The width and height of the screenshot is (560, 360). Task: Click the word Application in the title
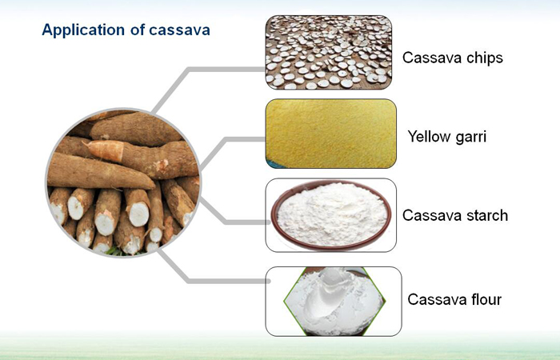click(x=84, y=30)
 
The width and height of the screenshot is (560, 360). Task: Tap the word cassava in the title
click(x=179, y=30)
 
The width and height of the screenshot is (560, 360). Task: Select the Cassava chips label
click(x=453, y=58)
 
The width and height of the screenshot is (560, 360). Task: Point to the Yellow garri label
click(x=446, y=137)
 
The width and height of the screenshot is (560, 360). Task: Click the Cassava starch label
click(x=455, y=215)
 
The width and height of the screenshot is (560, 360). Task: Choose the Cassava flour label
click(x=454, y=299)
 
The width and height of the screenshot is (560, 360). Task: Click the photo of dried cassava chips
click(x=329, y=52)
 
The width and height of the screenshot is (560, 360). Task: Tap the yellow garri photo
click(x=330, y=134)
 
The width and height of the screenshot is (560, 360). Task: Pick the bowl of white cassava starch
click(x=330, y=214)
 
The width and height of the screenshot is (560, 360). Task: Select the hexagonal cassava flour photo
click(x=334, y=301)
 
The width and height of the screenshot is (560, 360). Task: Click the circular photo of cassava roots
click(x=123, y=183)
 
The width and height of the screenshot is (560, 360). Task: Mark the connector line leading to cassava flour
click(x=188, y=281)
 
